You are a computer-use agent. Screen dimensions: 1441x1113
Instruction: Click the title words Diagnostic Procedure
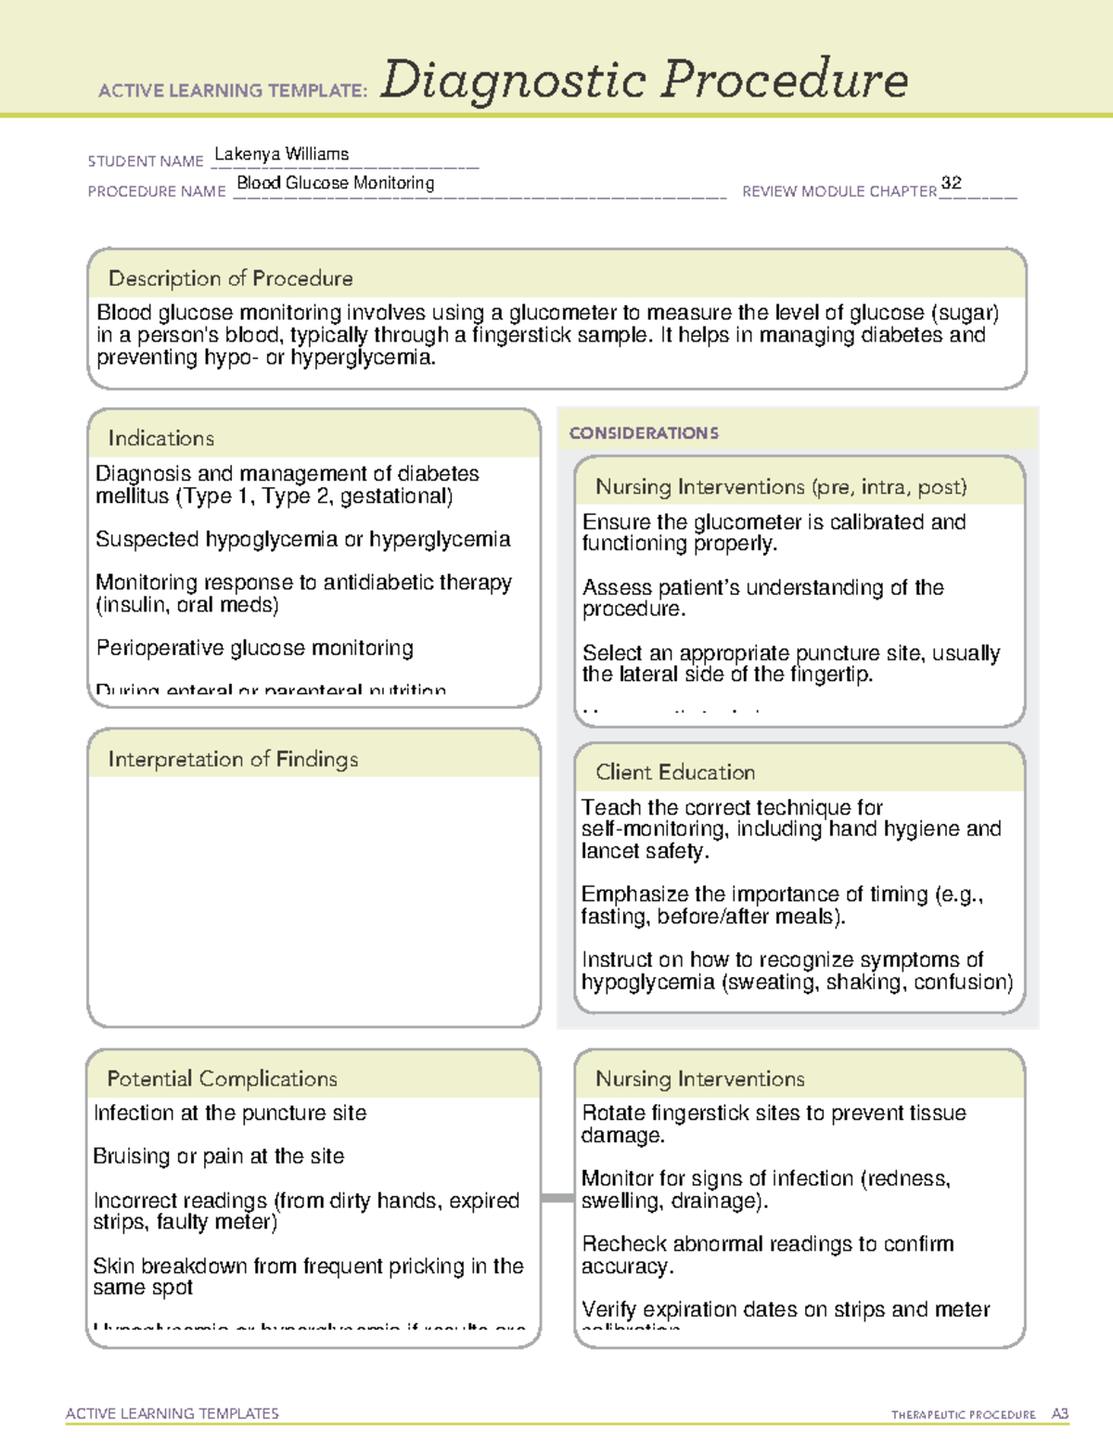tap(644, 80)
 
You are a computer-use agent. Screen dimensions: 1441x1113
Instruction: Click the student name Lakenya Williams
tap(281, 154)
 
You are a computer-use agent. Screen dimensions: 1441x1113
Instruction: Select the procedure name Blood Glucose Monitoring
tap(335, 183)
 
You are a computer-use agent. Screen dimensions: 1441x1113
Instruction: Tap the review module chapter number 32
tap(951, 183)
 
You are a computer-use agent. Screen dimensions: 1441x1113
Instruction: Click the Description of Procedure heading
tap(230, 278)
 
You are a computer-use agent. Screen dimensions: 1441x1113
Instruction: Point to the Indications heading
tap(160, 438)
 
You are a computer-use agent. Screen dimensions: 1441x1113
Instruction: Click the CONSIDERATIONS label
tap(643, 433)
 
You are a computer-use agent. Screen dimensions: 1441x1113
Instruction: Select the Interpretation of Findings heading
tap(233, 759)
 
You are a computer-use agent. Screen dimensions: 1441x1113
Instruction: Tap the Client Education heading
tap(674, 772)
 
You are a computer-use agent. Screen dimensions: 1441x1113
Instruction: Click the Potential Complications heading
tap(222, 1078)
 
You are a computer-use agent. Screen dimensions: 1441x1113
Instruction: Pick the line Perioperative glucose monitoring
tap(254, 648)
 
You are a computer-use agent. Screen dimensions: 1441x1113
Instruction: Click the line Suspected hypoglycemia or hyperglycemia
tap(302, 539)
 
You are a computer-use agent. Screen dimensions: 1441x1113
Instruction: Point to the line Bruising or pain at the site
tap(218, 1156)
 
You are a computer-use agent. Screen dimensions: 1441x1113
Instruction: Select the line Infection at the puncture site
tap(229, 1113)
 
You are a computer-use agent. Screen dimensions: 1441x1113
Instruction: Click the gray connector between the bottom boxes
tap(556, 1198)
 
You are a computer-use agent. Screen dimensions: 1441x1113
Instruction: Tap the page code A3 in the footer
tap(1059, 1414)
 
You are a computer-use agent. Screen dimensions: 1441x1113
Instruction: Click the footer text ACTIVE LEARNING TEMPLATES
tap(172, 1413)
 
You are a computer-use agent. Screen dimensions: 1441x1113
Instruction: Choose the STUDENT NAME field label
tap(145, 161)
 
